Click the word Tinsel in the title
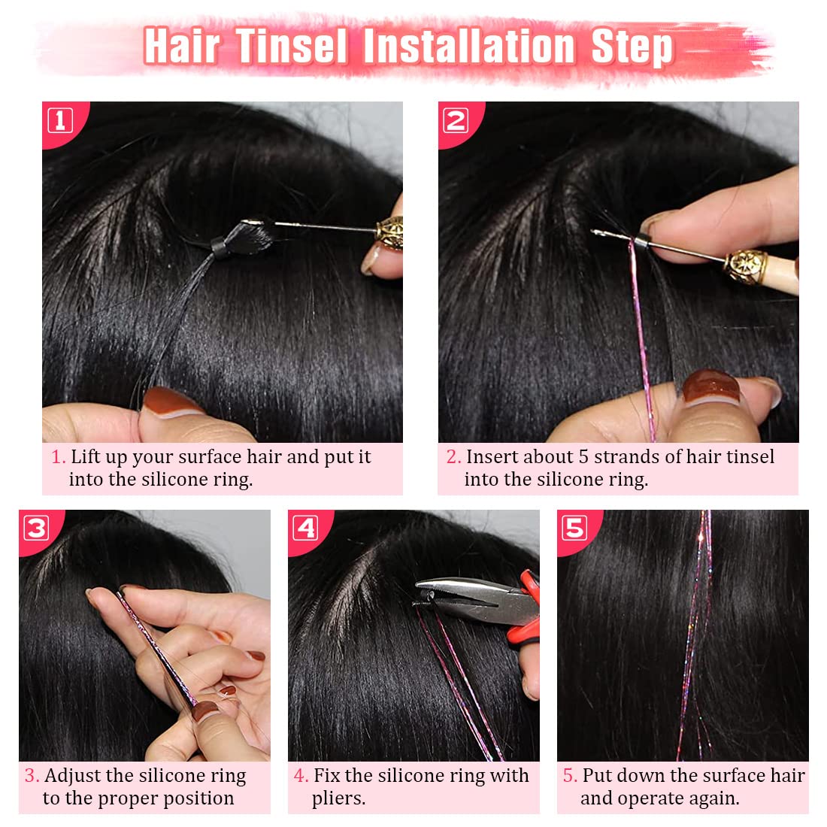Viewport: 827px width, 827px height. [291, 47]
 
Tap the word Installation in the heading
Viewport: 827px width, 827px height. [469, 47]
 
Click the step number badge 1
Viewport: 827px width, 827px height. [61, 120]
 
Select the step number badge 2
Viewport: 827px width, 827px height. [456, 120]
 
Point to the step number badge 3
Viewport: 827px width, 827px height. [36, 528]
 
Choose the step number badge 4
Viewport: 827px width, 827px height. [305, 528]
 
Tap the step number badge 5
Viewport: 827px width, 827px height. [574, 528]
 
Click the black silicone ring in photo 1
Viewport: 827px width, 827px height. [220, 247]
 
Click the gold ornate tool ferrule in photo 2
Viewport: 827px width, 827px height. [745, 267]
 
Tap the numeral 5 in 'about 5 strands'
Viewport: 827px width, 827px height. [583, 457]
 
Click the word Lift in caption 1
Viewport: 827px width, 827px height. [85, 457]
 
